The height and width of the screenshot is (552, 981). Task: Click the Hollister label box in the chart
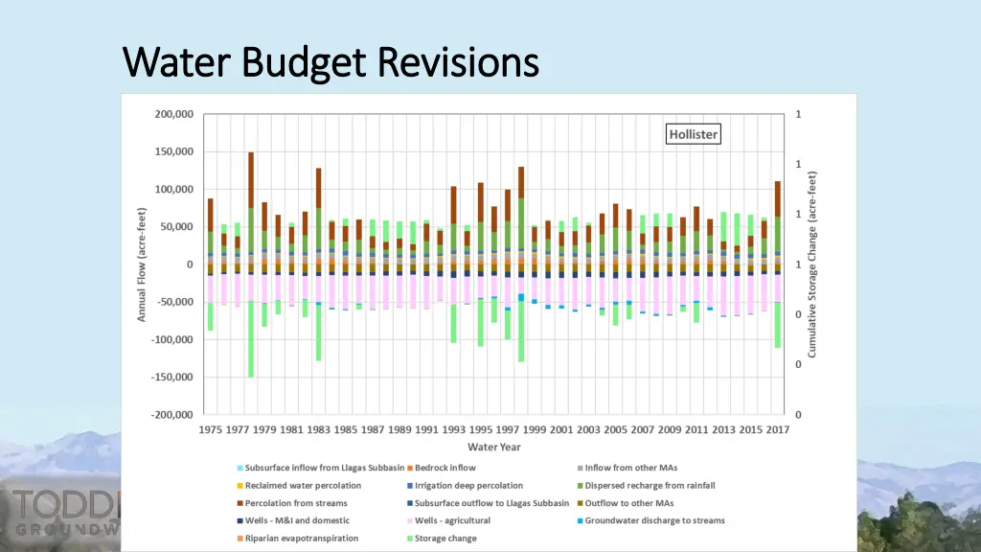click(x=693, y=134)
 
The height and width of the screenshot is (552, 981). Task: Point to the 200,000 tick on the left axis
click(x=173, y=114)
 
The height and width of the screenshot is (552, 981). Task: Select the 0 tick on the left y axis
click(x=189, y=264)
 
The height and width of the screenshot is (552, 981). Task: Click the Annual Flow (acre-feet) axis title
click(x=142, y=264)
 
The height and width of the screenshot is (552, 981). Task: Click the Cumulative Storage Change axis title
click(x=812, y=264)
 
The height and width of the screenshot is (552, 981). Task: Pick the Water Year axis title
click(x=494, y=447)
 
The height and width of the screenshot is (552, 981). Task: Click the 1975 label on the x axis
click(x=212, y=430)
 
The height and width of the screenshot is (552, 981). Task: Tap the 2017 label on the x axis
click(x=777, y=430)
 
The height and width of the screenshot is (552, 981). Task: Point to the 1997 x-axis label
click(x=508, y=430)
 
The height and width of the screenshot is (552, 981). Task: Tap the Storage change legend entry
click(x=445, y=539)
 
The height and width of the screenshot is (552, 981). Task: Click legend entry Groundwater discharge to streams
click(x=654, y=520)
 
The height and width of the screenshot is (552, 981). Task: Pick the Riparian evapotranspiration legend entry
click(x=301, y=539)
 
